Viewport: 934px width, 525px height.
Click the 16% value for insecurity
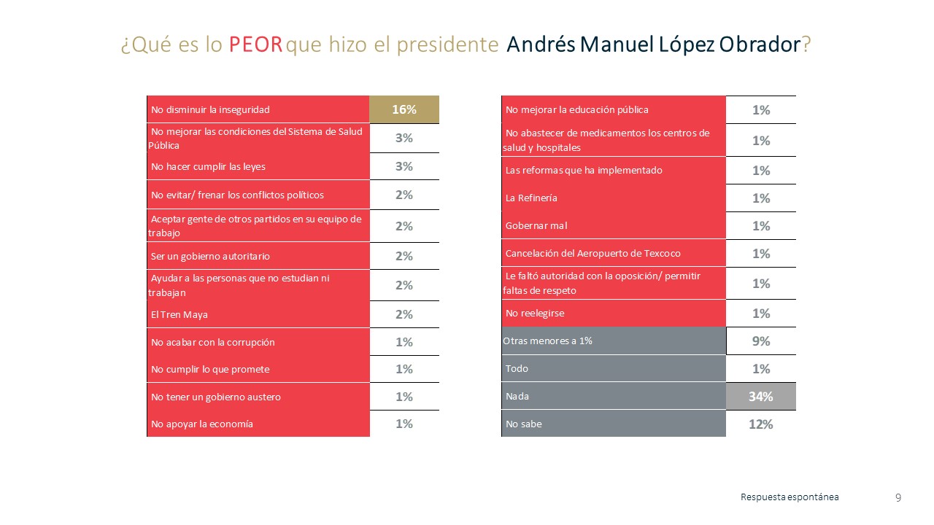coord(404,109)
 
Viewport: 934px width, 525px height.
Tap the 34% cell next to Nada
coord(761,396)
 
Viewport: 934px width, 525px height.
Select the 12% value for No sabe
coord(761,424)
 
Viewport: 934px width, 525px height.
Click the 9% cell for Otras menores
coord(761,341)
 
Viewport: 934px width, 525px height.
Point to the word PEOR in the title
coord(255,45)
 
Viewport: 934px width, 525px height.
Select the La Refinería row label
coord(531,198)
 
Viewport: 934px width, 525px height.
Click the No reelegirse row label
coord(535,314)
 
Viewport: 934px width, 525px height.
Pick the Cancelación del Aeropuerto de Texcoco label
coord(593,254)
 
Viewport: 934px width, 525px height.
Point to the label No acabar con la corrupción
coord(212,342)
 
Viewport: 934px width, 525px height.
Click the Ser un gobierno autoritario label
coord(200,257)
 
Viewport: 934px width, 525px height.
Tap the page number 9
coord(898,498)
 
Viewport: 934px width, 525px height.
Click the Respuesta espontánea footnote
coord(790,497)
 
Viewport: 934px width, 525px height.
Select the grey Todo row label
coord(517,369)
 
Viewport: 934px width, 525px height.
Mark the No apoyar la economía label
coord(201,424)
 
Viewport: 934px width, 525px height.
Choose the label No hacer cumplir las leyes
coord(208,166)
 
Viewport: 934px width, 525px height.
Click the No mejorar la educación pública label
coord(576,110)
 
